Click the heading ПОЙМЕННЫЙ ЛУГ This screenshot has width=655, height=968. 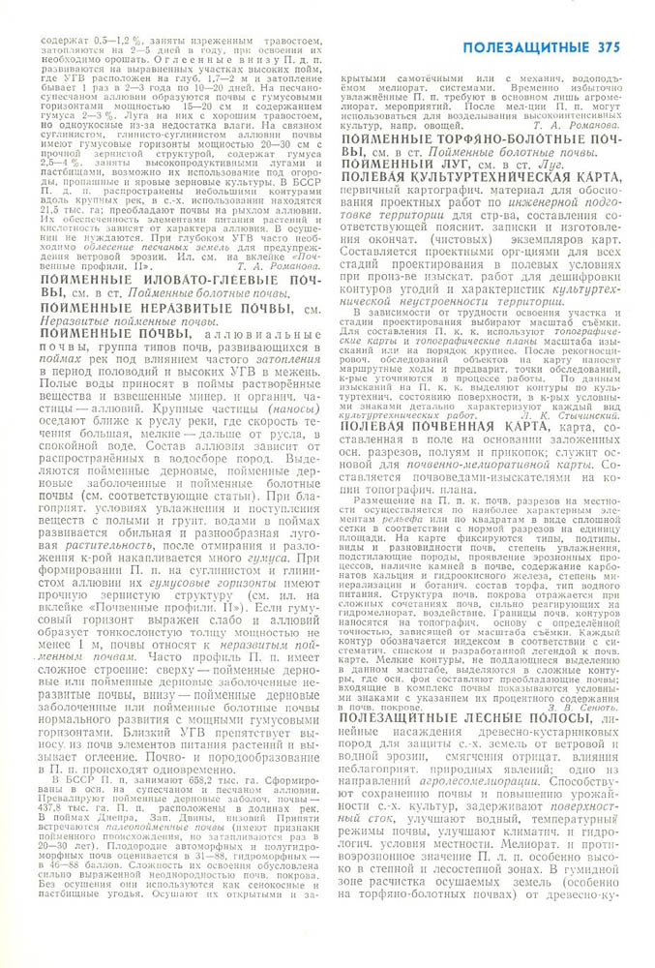coord(401,166)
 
